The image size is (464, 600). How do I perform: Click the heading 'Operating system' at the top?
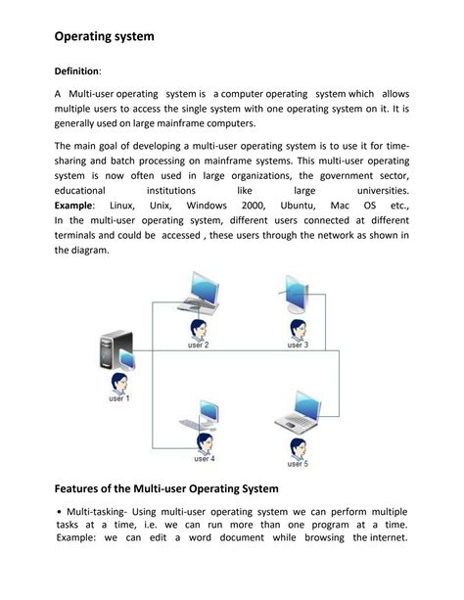pyautogui.click(x=103, y=37)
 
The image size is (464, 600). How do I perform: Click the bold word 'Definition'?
pyautogui.click(x=77, y=71)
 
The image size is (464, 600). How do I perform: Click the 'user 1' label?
pyautogui.click(x=118, y=398)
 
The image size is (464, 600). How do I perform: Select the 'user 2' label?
pyautogui.click(x=198, y=346)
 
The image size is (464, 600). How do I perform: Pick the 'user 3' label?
pyautogui.click(x=298, y=346)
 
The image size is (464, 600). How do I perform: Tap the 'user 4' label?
pyautogui.click(x=204, y=458)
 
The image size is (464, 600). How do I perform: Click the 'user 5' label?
pyautogui.click(x=298, y=463)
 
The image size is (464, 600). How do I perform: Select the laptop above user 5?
pyautogui.click(x=297, y=412)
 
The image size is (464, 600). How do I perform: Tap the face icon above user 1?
pyautogui.click(x=118, y=381)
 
